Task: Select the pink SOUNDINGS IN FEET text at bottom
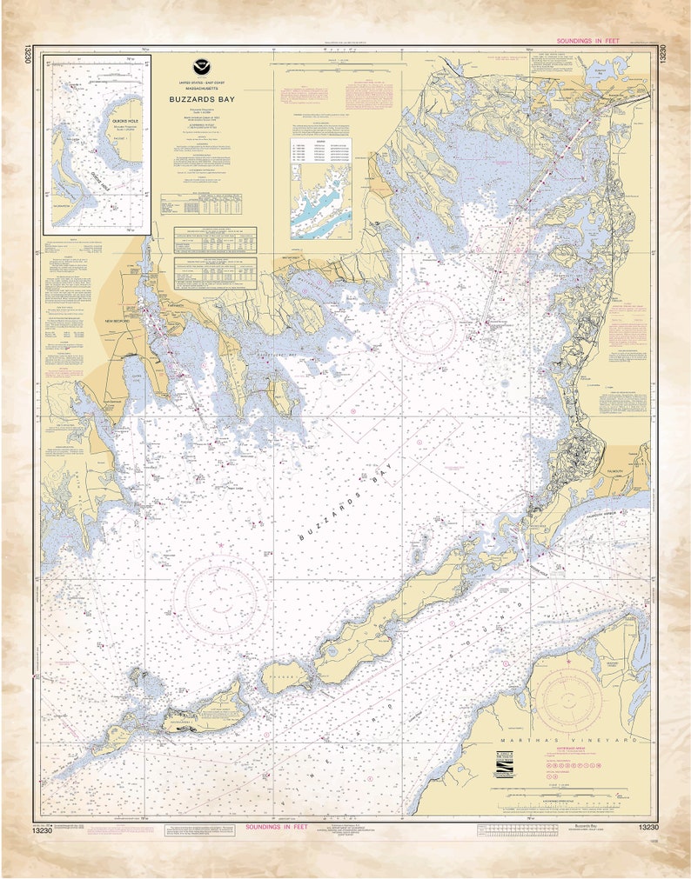coord(284,828)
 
